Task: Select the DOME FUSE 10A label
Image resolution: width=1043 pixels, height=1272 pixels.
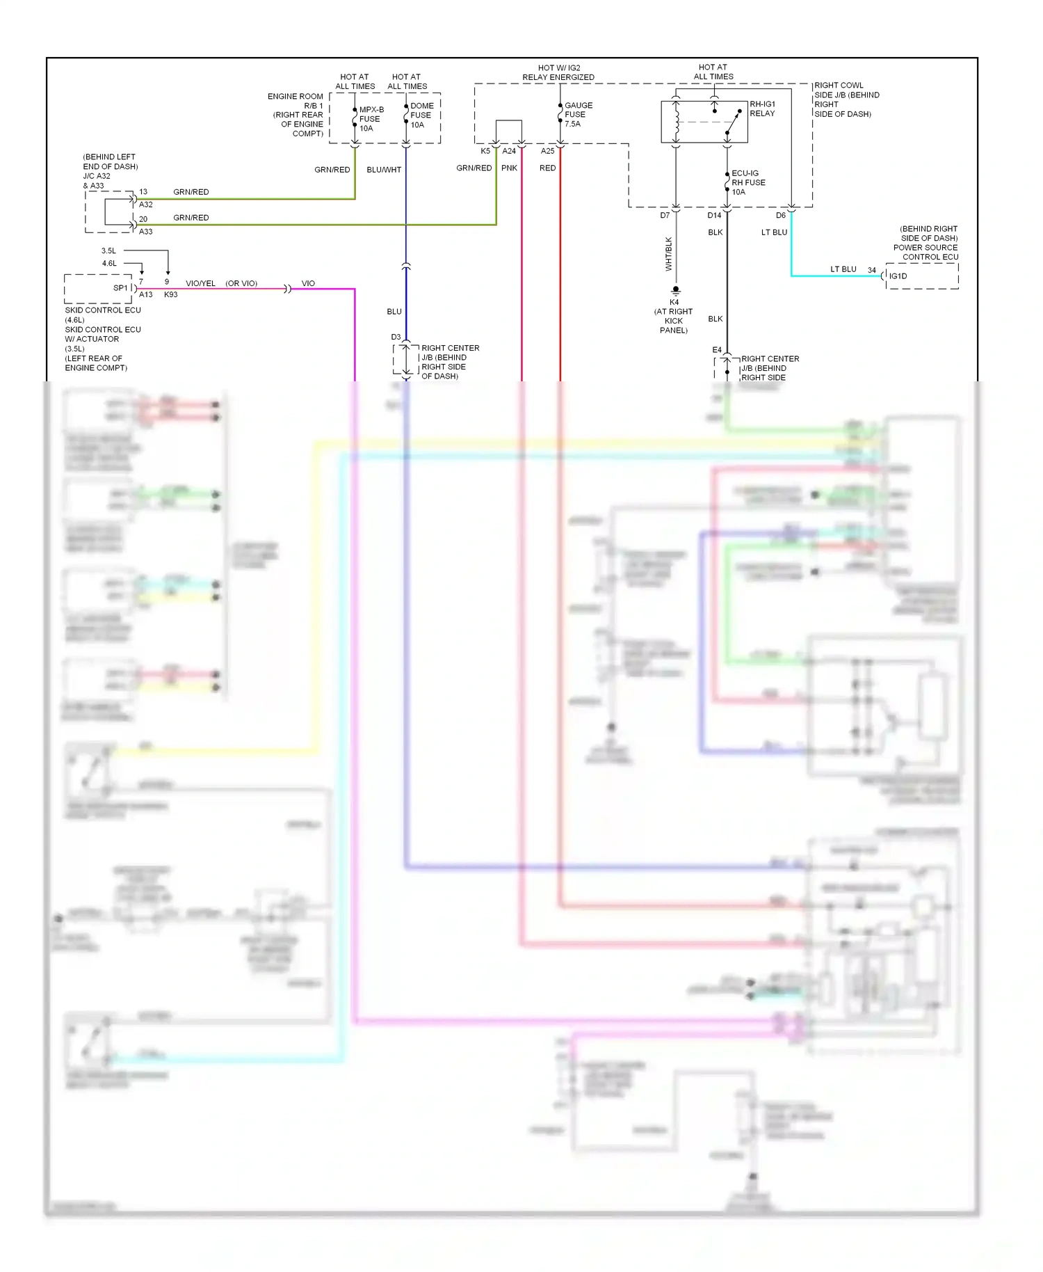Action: [421, 116]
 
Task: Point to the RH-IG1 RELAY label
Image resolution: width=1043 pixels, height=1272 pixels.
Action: [762, 109]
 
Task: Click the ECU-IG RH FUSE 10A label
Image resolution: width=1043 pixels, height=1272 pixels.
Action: [747, 182]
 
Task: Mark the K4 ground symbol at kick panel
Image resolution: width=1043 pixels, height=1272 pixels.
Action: [675, 290]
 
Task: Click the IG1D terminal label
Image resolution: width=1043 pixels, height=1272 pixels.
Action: [898, 276]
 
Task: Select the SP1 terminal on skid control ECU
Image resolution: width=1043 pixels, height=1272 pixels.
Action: [120, 288]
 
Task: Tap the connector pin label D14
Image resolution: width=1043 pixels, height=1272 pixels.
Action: [714, 216]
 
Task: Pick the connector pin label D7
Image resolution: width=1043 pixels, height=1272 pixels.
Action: [665, 216]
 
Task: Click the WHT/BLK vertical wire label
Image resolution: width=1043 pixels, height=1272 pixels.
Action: [669, 254]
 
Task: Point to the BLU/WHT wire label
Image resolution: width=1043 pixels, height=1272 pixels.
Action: [384, 170]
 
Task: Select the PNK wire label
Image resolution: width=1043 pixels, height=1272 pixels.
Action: [509, 168]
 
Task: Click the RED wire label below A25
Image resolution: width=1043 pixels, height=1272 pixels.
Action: [547, 168]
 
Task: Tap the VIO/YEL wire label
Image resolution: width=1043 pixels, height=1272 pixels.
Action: [200, 284]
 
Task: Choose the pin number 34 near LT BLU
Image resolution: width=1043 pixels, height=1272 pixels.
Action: [871, 270]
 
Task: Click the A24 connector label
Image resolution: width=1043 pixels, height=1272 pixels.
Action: [509, 151]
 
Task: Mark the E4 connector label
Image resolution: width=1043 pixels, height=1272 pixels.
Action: [717, 350]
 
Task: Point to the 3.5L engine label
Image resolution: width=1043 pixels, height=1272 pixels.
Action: [108, 251]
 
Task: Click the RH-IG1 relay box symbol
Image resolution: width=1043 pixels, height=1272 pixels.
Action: [704, 122]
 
